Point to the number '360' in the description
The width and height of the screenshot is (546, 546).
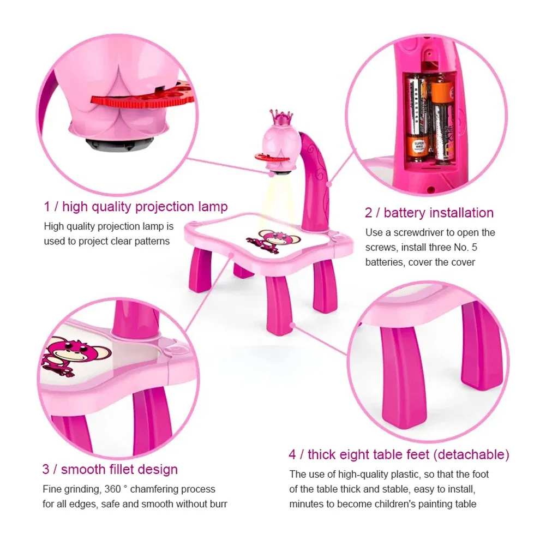112,489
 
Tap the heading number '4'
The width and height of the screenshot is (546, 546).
292,455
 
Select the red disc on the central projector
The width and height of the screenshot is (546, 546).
271,158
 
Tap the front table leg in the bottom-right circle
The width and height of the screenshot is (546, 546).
404,375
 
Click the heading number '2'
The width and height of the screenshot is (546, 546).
368,213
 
